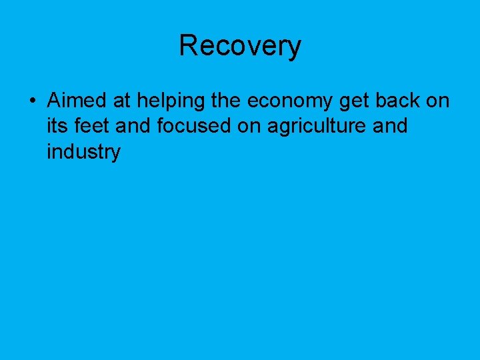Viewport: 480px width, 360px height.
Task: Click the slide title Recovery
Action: (240, 46)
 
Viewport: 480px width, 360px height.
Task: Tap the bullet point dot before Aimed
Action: (32, 101)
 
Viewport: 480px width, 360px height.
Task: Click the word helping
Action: (163, 101)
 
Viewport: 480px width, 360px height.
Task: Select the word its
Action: (58, 126)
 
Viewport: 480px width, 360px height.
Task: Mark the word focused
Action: (195, 126)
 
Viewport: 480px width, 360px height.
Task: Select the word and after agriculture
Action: (390, 126)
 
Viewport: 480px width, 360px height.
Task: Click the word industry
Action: (83, 152)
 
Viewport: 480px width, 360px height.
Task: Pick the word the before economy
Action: (227, 101)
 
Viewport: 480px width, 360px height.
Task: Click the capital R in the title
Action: (189, 46)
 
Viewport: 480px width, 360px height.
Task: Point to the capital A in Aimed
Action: (53, 101)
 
